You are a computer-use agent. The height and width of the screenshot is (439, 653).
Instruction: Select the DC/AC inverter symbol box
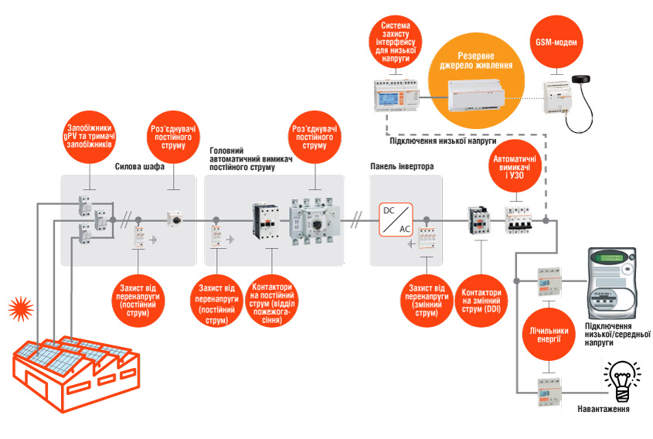[394, 219]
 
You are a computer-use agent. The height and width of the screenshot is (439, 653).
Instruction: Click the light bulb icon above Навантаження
[623, 379]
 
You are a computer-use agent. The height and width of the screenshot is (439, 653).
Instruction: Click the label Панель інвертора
[403, 166]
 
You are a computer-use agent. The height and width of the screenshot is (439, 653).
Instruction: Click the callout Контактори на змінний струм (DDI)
[481, 298]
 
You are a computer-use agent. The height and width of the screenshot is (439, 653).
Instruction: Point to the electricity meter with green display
[611, 281]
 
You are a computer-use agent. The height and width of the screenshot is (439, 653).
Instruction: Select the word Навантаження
[603, 410]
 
